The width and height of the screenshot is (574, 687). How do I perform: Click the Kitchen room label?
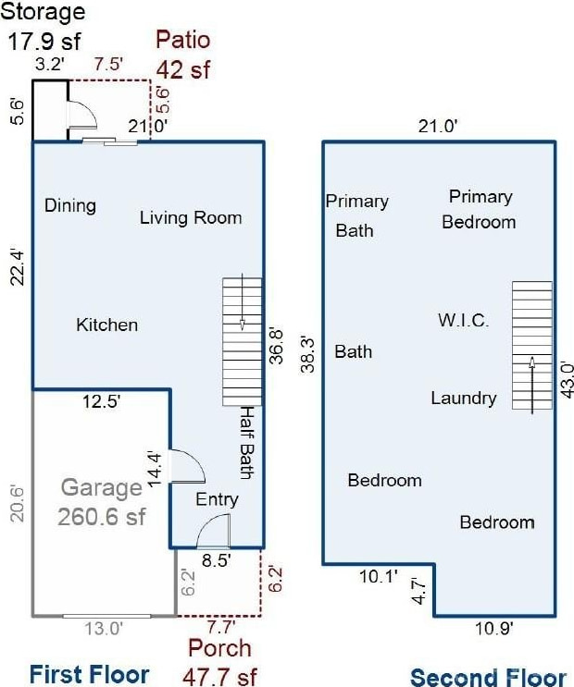click(x=107, y=325)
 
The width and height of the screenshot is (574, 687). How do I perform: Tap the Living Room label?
click(x=191, y=218)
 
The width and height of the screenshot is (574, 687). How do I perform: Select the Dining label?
click(x=70, y=206)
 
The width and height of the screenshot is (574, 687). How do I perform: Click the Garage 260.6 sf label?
click(x=101, y=502)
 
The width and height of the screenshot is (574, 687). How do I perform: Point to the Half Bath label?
click(x=247, y=443)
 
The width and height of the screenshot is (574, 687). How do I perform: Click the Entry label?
click(x=217, y=499)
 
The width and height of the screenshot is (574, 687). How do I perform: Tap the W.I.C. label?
click(x=464, y=320)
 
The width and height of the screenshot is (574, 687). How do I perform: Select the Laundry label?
click(x=464, y=399)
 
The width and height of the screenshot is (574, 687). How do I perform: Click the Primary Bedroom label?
click(x=480, y=209)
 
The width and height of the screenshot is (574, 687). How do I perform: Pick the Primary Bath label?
click(x=356, y=215)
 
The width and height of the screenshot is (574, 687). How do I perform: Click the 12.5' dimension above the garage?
click(x=101, y=401)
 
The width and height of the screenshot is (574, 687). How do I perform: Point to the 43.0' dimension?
click(x=567, y=379)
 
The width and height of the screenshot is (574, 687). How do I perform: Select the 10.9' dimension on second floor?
click(x=494, y=629)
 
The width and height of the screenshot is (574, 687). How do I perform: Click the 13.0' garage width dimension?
click(x=104, y=629)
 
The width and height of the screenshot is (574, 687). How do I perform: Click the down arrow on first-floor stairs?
click(x=243, y=302)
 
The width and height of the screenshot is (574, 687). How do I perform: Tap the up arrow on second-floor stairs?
click(x=531, y=386)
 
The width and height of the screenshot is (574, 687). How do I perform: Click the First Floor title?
click(x=89, y=674)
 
